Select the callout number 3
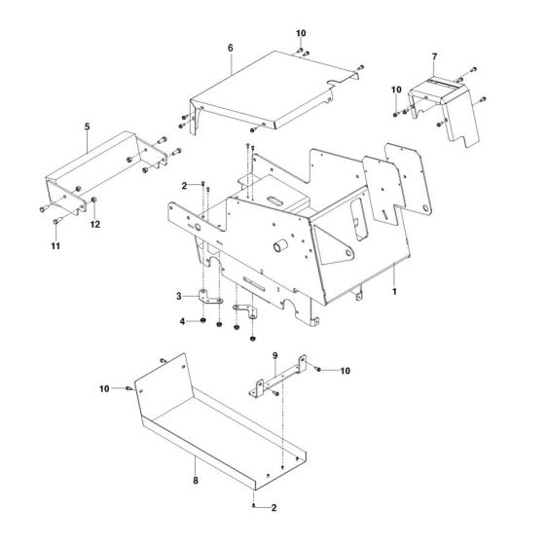click(179, 296)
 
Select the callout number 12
click(94, 225)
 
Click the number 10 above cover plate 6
click(301, 34)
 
